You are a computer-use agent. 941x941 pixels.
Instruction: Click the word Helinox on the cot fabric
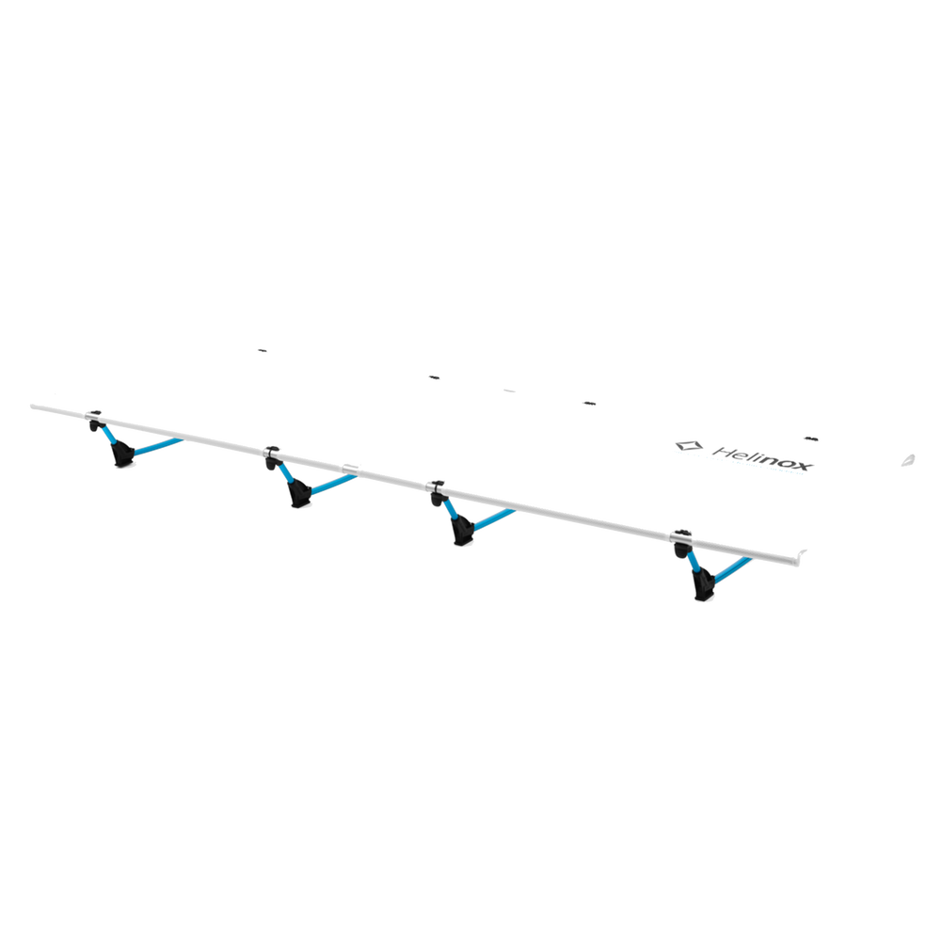coord(763,458)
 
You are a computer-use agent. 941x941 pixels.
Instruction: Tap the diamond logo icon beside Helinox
coord(689,446)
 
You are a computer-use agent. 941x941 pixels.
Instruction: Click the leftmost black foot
coord(122,454)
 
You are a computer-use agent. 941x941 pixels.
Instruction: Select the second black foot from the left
coord(299,494)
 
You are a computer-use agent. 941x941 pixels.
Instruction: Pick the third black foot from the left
coord(463,531)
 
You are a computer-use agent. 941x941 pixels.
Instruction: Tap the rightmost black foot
coord(703,585)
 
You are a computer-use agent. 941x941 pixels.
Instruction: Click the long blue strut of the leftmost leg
coord(157,446)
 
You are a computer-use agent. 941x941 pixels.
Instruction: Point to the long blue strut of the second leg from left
coord(333,485)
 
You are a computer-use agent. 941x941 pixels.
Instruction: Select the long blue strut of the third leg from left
coord(495,519)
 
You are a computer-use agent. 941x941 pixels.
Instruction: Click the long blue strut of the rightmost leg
coord(733,569)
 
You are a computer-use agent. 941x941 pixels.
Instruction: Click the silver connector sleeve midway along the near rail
coord(350,469)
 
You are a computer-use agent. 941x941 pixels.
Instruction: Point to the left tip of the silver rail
coord(32,407)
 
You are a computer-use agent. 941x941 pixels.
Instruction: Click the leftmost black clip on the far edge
coord(263,350)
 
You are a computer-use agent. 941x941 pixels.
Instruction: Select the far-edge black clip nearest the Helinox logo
coord(811,439)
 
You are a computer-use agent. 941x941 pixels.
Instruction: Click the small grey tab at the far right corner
coord(908,460)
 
